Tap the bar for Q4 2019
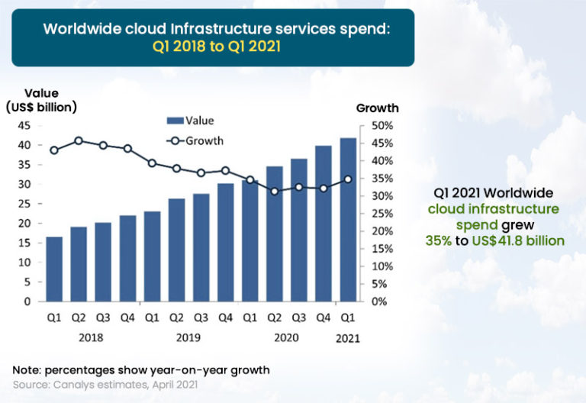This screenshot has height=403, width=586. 226,242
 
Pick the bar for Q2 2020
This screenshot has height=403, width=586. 275,234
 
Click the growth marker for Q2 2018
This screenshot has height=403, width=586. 79,141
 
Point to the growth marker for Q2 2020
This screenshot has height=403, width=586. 275,191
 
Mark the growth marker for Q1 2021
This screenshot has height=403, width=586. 348,179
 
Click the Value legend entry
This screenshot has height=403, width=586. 190,121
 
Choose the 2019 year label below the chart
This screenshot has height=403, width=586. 188,337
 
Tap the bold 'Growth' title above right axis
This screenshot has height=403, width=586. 377,108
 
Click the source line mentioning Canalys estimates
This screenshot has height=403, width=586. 105,385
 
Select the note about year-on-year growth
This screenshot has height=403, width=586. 141,370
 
